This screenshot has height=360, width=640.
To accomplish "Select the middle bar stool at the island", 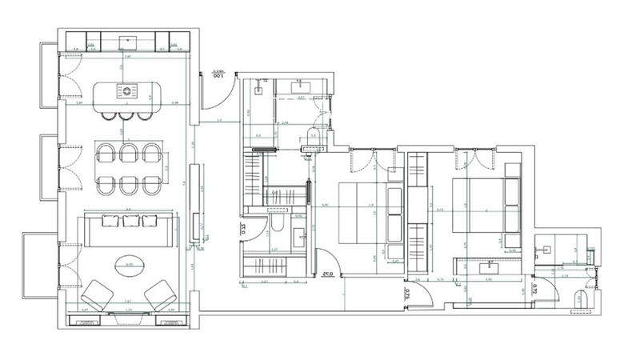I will (x=129, y=115).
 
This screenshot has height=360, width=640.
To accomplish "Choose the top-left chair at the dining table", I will (x=106, y=152).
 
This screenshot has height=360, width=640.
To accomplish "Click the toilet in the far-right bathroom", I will (x=581, y=300).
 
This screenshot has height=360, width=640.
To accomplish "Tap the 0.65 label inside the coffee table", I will (x=129, y=262).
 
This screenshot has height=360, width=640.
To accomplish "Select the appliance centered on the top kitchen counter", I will (x=128, y=39).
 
